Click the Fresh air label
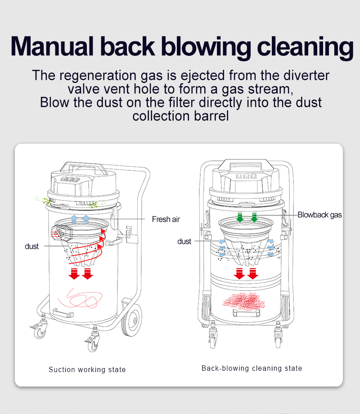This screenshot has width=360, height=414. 166,219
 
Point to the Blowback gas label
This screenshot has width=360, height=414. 319,215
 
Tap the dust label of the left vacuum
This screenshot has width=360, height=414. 31,246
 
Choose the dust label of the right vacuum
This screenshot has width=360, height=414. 184,241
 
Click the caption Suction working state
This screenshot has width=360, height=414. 87,370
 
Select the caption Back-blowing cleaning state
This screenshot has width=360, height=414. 252,368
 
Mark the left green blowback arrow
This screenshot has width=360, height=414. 240,218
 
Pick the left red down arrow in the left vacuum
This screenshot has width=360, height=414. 74,273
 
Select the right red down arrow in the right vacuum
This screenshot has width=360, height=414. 253,273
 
